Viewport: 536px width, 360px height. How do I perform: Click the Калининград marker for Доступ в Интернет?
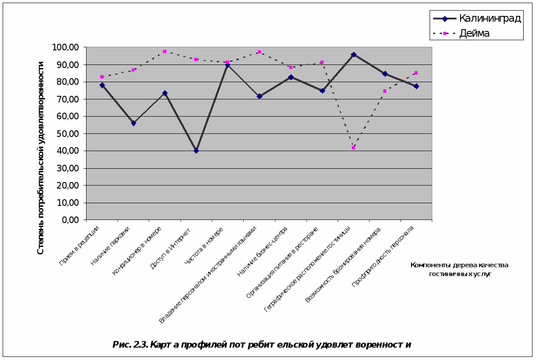[196, 151]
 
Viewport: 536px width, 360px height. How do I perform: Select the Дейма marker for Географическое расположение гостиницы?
[353, 148]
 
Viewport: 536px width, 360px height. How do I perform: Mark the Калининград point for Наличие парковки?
[133, 123]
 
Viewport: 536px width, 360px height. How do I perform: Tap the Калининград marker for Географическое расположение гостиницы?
[354, 55]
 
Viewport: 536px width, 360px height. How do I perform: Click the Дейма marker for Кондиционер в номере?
[165, 52]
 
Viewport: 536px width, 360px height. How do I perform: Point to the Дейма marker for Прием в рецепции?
[102, 77]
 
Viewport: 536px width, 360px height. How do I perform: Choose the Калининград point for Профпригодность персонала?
[416, 86]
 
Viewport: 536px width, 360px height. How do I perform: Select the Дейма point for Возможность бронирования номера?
[385, 91]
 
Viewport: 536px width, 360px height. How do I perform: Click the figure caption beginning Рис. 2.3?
[262, 345]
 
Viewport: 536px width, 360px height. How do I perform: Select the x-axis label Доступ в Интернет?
[170, 249]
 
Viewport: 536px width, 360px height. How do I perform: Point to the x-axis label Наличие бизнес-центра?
[262, 251]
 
